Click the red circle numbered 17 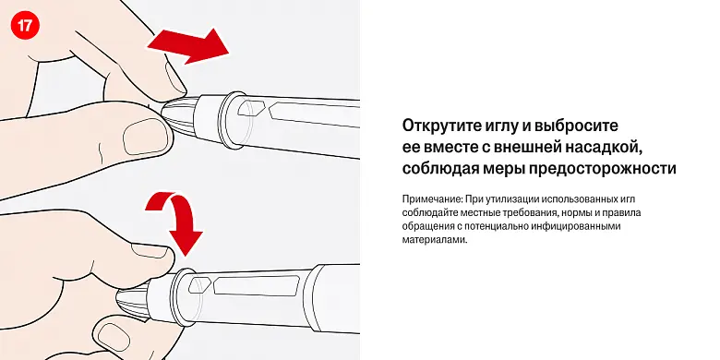(25, 25)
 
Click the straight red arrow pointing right (188, 45)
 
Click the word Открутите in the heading (440, 126)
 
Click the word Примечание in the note (433, 199)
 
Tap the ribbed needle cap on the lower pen (133, 304)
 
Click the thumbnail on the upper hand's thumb (144, 136)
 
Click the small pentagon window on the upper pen (249, 107)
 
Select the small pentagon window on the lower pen (199, 285)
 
